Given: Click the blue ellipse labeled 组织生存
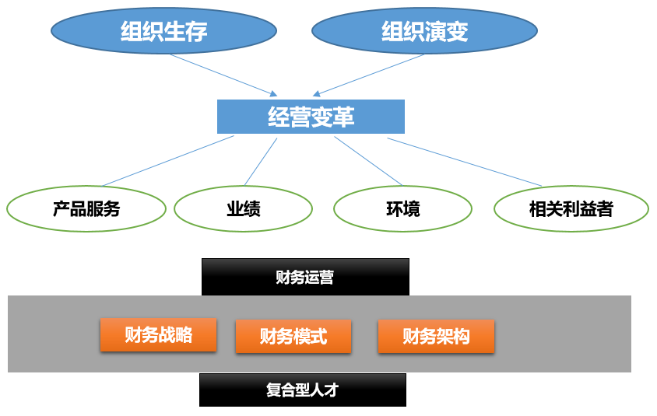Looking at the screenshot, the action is pyautogui.click(x=163, y=30).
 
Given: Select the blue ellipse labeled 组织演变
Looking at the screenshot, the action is pyautogui.click(x=424, y=30).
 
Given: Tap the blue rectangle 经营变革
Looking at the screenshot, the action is pyautogui.click(x=311, y=117).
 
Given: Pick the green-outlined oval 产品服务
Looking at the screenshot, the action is pyautogui.click(x=86, y=208).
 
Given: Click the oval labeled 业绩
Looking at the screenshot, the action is pyautogui.click(x=243, y=208).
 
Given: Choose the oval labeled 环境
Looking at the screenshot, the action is pyautogui.click(x=402, y=208).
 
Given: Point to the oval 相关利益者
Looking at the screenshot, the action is pyautogui.click(x=571, y=208).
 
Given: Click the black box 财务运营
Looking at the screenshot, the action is pyautogui.click(x=305, y=277).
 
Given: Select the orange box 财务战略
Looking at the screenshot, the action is pyautogui.click(x=158, y=335).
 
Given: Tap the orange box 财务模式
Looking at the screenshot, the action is pyautogui.click(x=293, y=336).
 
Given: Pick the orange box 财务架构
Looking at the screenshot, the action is pyautogui.click(x=436, y=336).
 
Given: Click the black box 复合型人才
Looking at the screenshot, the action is pyautogui.click(x=303, y=390).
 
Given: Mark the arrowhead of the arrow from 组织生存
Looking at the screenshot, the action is pyautogui.click(x=273, y=93).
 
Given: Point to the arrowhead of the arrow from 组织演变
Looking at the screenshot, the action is pyautogui.click(x=317, y=93).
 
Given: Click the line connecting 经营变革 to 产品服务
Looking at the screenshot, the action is pyautogui.click(x=168, y=160).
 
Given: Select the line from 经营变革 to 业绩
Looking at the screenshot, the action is pyautogui.click(x=261, y=162).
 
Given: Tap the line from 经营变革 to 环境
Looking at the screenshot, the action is pyautogui.click(x=368, y=161).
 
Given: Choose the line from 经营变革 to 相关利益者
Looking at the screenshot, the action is pyautogui.click(x=464, y=162).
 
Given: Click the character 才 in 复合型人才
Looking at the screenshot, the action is pyautogui.click(x=331, y=390).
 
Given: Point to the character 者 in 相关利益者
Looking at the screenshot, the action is pyautogui.click(x=605, y=209).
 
